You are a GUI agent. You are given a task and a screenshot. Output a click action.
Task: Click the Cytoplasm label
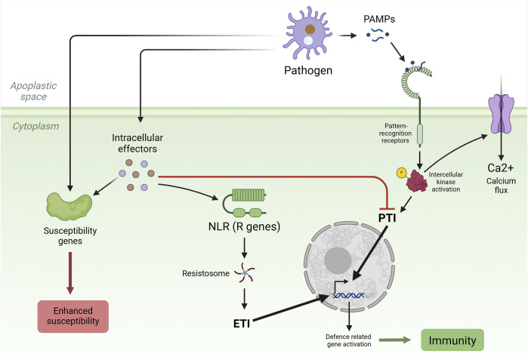[36, 127]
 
